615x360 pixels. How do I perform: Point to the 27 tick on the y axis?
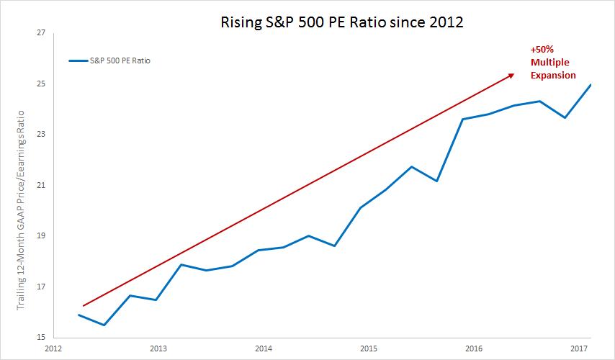[40, 33]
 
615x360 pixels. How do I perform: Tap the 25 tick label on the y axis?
[40, 84]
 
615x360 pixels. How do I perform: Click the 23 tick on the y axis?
[40, 135]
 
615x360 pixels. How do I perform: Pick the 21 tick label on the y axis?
[40, 186]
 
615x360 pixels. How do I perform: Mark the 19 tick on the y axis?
[40, 236]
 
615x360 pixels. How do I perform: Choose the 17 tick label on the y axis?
[40, 287]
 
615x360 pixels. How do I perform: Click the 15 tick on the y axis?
[40, 338]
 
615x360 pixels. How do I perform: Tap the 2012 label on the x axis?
[53, 348]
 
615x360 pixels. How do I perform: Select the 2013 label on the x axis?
[158, 348]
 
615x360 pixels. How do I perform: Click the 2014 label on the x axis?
[264, 348]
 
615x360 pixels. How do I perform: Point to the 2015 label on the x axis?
[369, 348]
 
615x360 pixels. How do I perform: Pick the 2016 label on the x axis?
[474, 348]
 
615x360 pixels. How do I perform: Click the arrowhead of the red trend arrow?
[512, 74]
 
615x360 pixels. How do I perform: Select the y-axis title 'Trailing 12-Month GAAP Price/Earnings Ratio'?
[22, 210]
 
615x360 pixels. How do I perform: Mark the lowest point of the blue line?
[104, 325]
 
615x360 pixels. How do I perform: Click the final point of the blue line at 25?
[591, 85]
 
